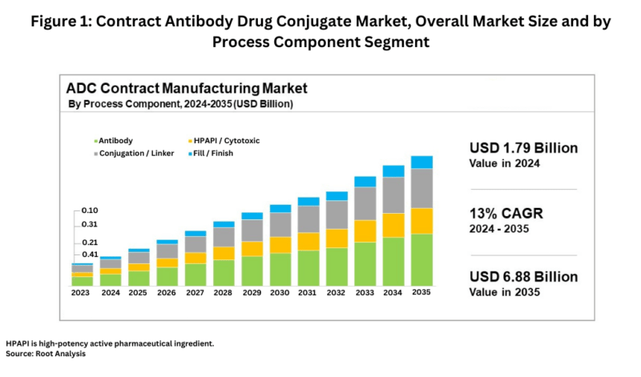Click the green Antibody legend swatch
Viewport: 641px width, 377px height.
click(x=95, y=140)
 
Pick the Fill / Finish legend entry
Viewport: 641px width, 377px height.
click(x=213, y=152)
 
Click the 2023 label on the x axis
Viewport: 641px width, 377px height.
click(x=82, y=293)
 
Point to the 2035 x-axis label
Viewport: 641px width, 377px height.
click(x=421, y=293)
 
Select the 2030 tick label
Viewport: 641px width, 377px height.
click(x=280, y=293)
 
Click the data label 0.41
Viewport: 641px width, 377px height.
click(x=89, y=255)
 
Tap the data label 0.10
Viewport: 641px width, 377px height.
click(x=89, y=211)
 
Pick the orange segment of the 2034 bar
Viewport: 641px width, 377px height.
click(x=393, y=225)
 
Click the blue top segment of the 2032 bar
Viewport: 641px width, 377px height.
click(x=337, y=195)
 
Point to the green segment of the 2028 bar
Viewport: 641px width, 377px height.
click(x=224, y=273)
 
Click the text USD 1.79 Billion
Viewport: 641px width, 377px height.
click(x=522, y=148)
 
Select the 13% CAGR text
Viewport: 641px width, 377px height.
click(x=502, y=214)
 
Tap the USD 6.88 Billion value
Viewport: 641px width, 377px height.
click(x=522, y=277)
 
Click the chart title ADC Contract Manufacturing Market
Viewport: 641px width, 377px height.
click(x=187, y=87)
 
